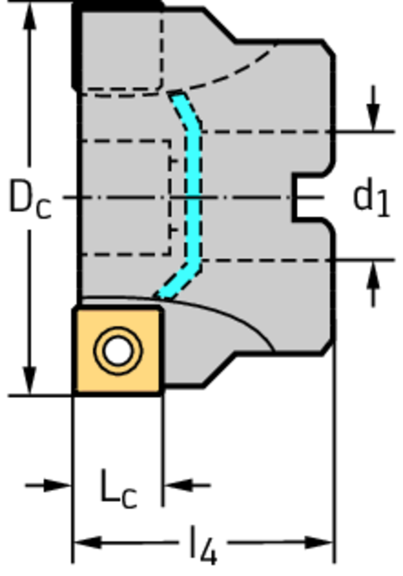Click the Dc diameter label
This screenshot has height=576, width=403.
(x=29, y=200)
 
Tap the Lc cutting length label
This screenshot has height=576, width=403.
(x=118, y=488)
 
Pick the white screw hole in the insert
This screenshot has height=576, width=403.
(x=118, y=351)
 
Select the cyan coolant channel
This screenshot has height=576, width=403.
(x=194, y=197)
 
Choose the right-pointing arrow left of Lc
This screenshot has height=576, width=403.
(x=56, y=484)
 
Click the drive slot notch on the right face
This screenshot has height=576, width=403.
(x=307, y=198)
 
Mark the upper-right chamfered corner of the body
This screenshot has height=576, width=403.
(x=330, y=48)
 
